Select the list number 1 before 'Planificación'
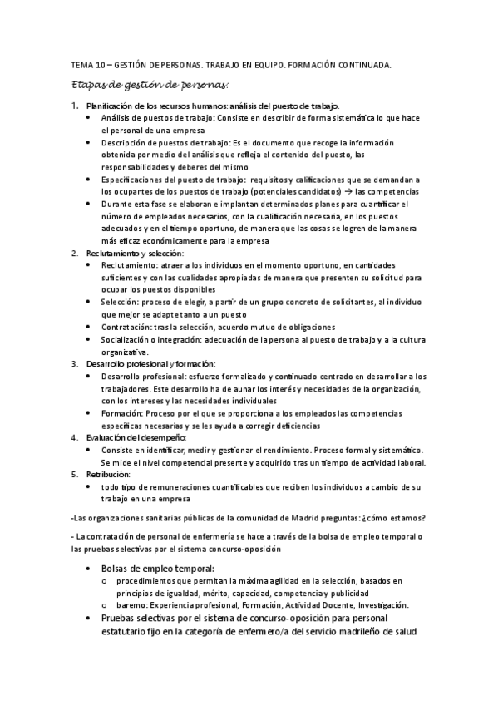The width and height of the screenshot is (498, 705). pyautogui.click(x=75, y=106)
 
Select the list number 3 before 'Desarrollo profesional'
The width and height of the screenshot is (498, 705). pyautogui.click(x=75, y=363)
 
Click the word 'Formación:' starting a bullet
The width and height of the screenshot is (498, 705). pyautogui.click(x=123, y=413)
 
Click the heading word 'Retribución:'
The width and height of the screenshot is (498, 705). pyautogui.click(x=109, y=473)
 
